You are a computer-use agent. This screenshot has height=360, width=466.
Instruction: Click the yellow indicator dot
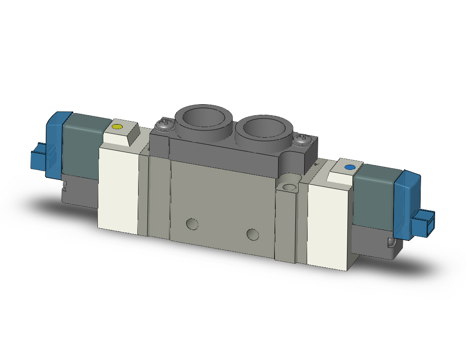pos(116,127)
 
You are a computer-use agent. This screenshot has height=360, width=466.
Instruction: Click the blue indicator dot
pos(349,168)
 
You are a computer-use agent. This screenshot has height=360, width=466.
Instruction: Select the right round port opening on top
pos(265,128)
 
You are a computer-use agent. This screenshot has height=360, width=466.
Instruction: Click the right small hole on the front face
pos(253,234)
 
